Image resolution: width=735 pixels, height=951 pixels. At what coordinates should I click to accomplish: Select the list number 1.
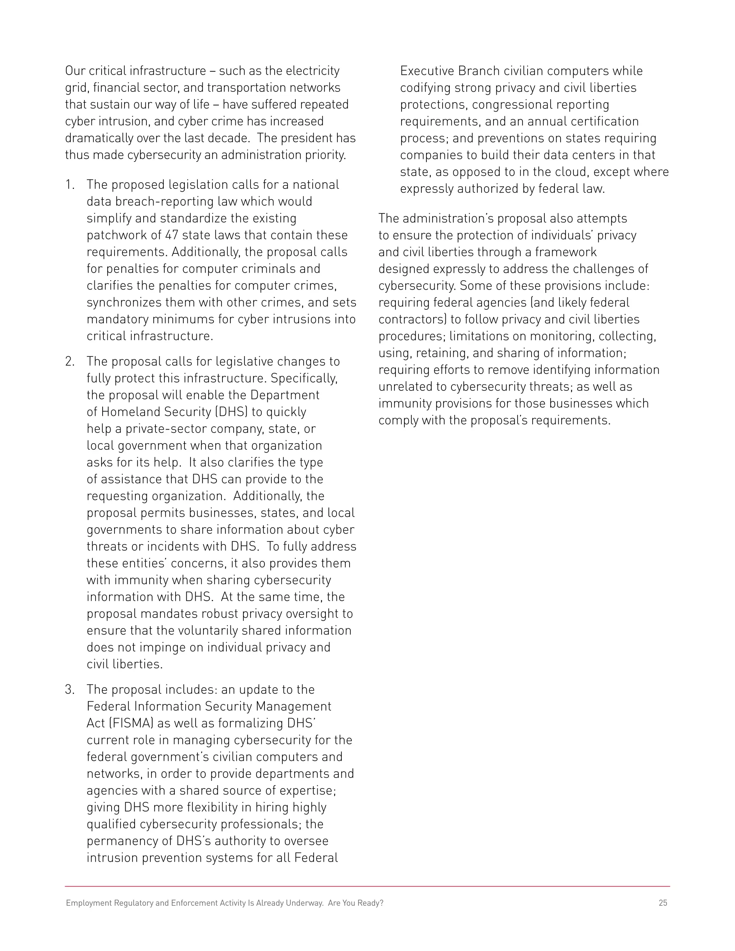(70, 184)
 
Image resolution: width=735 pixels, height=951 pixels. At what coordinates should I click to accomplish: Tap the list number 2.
(70, 361)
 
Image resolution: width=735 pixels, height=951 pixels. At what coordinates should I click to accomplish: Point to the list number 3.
(70, 689)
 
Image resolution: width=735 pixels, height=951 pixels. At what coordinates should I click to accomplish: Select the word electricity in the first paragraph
(313, 71)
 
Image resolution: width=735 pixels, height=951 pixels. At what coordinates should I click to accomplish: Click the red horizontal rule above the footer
(367, 886)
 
